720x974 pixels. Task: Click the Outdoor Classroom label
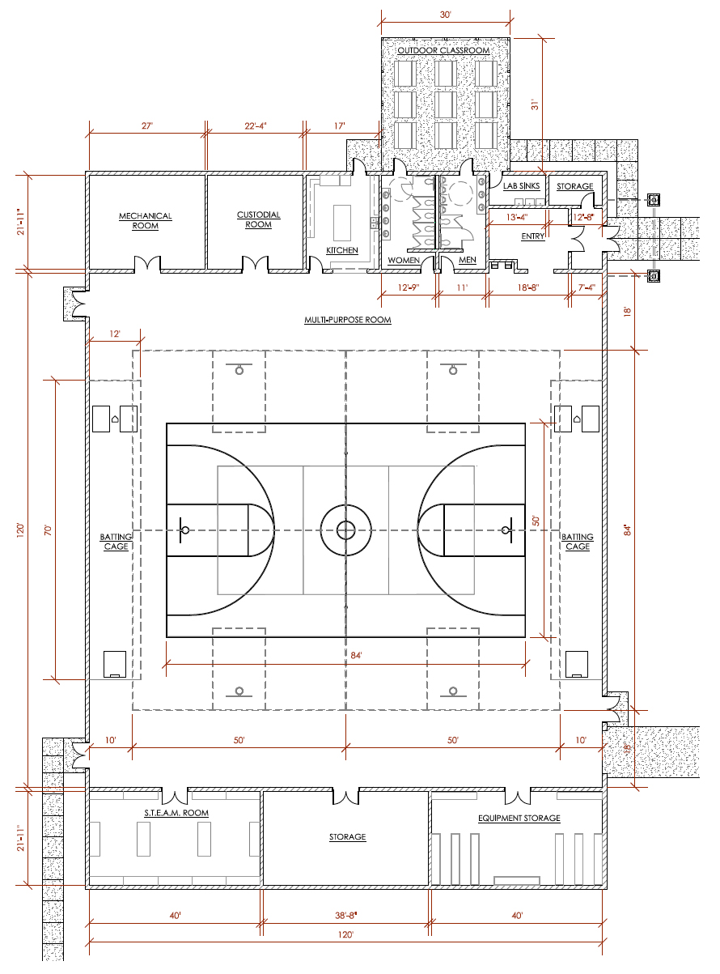[x=444, y=50]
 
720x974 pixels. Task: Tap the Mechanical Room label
[x=146, y=221]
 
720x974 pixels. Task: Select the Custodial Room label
[x=258, y=219]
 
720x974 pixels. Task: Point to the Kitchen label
[x=341, y=250]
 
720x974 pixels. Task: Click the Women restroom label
[x=404, y=260]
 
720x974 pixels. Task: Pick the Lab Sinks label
[x=521, y=186]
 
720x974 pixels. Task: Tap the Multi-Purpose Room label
[x=348, y=320]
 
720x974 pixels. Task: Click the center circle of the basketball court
[x=346, y=530]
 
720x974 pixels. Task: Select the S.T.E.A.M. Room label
[x=176, y=813]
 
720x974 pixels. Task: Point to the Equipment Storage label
[x=519, y=818]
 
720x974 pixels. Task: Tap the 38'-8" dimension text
[x=347, y=915]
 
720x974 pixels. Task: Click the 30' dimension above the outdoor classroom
[x=445, y=15]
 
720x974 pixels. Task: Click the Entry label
[x=533, y=236]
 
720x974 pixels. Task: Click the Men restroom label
[x=468, y=260]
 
